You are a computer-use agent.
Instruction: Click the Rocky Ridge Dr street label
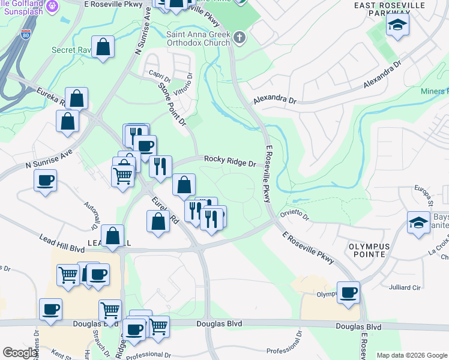point(230,161)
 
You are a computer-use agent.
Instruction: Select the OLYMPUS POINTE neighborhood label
point(369,251)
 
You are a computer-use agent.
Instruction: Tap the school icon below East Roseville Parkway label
point(396,26)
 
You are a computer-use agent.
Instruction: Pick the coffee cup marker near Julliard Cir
point(348,293)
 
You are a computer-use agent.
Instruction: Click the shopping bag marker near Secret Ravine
point(103,47)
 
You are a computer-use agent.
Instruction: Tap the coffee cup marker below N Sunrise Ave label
point(46,181)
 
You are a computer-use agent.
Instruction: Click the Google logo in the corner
point(20,353)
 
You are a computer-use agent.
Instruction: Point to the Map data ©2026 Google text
point(411,355)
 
